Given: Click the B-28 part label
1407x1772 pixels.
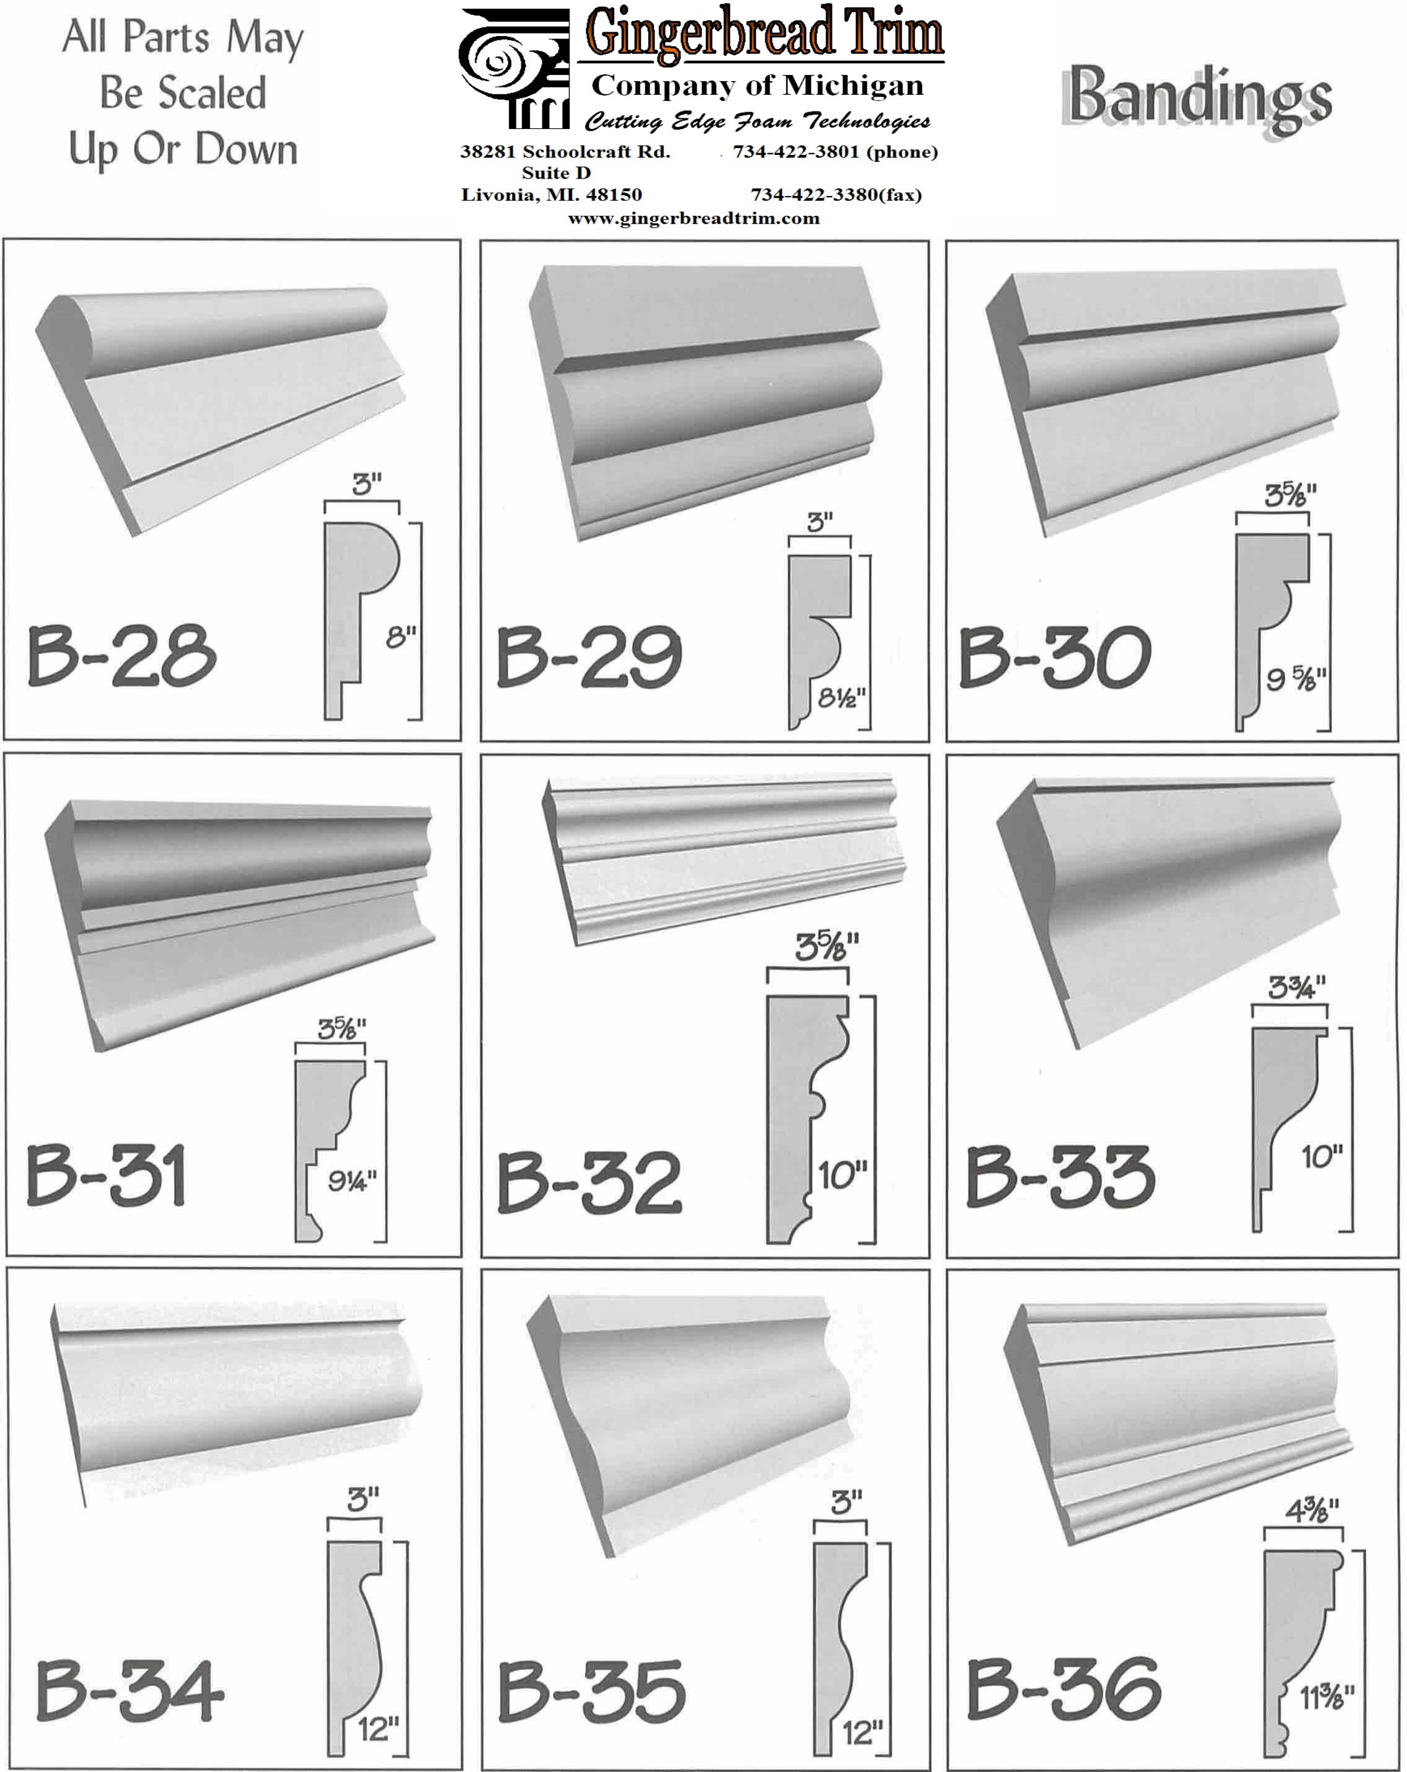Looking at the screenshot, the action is (121, 655).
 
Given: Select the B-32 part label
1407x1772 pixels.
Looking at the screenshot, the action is (589, 1183).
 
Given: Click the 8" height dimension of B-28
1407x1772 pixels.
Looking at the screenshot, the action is (401, 636).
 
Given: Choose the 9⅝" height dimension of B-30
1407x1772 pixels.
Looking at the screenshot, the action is (1296, 679).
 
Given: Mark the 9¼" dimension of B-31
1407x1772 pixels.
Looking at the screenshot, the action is (352, 1181).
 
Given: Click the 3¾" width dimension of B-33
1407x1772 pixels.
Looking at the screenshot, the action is (1296, 987).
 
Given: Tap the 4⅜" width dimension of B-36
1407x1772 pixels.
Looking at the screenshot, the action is (1313, 1510).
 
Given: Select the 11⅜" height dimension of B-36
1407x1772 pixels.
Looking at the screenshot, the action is (1326, 1696).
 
